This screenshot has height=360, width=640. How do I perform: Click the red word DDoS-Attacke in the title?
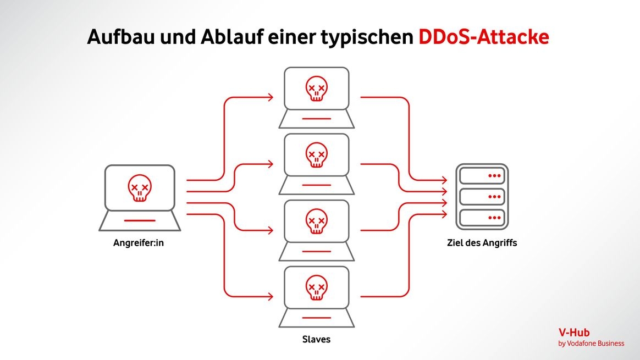(483, 37)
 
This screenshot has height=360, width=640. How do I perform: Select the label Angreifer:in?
(139, 242)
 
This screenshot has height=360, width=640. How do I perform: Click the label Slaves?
(316, 339)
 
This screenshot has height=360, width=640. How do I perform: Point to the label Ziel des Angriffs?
(482, 242)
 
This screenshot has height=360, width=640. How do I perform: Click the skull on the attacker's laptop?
(140, 187)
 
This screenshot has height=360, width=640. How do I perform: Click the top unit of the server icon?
(482, 176)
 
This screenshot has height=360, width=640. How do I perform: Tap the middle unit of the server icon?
(482, 196)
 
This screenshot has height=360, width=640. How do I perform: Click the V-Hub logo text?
(573, 333)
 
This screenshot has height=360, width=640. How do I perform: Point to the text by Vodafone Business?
(591, 344)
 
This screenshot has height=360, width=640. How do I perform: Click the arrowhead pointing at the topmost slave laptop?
(269, 97)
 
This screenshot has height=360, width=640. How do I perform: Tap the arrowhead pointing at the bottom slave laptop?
(269, 296)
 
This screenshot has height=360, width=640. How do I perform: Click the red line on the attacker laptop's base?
(140, 220)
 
